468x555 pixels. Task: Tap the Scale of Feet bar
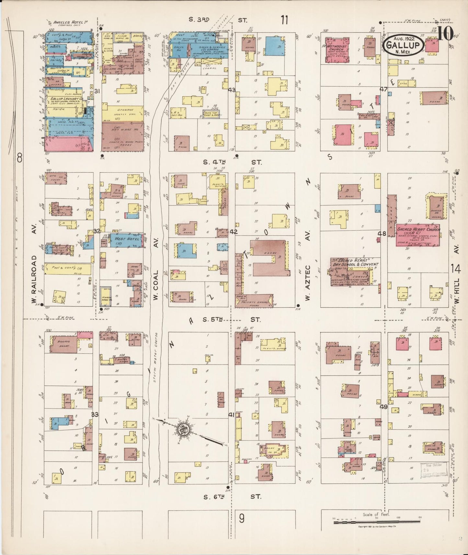click(x=377, y=522)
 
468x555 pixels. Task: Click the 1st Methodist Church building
click(x=337, y=50)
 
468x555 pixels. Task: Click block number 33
click(x=95, y=414)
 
